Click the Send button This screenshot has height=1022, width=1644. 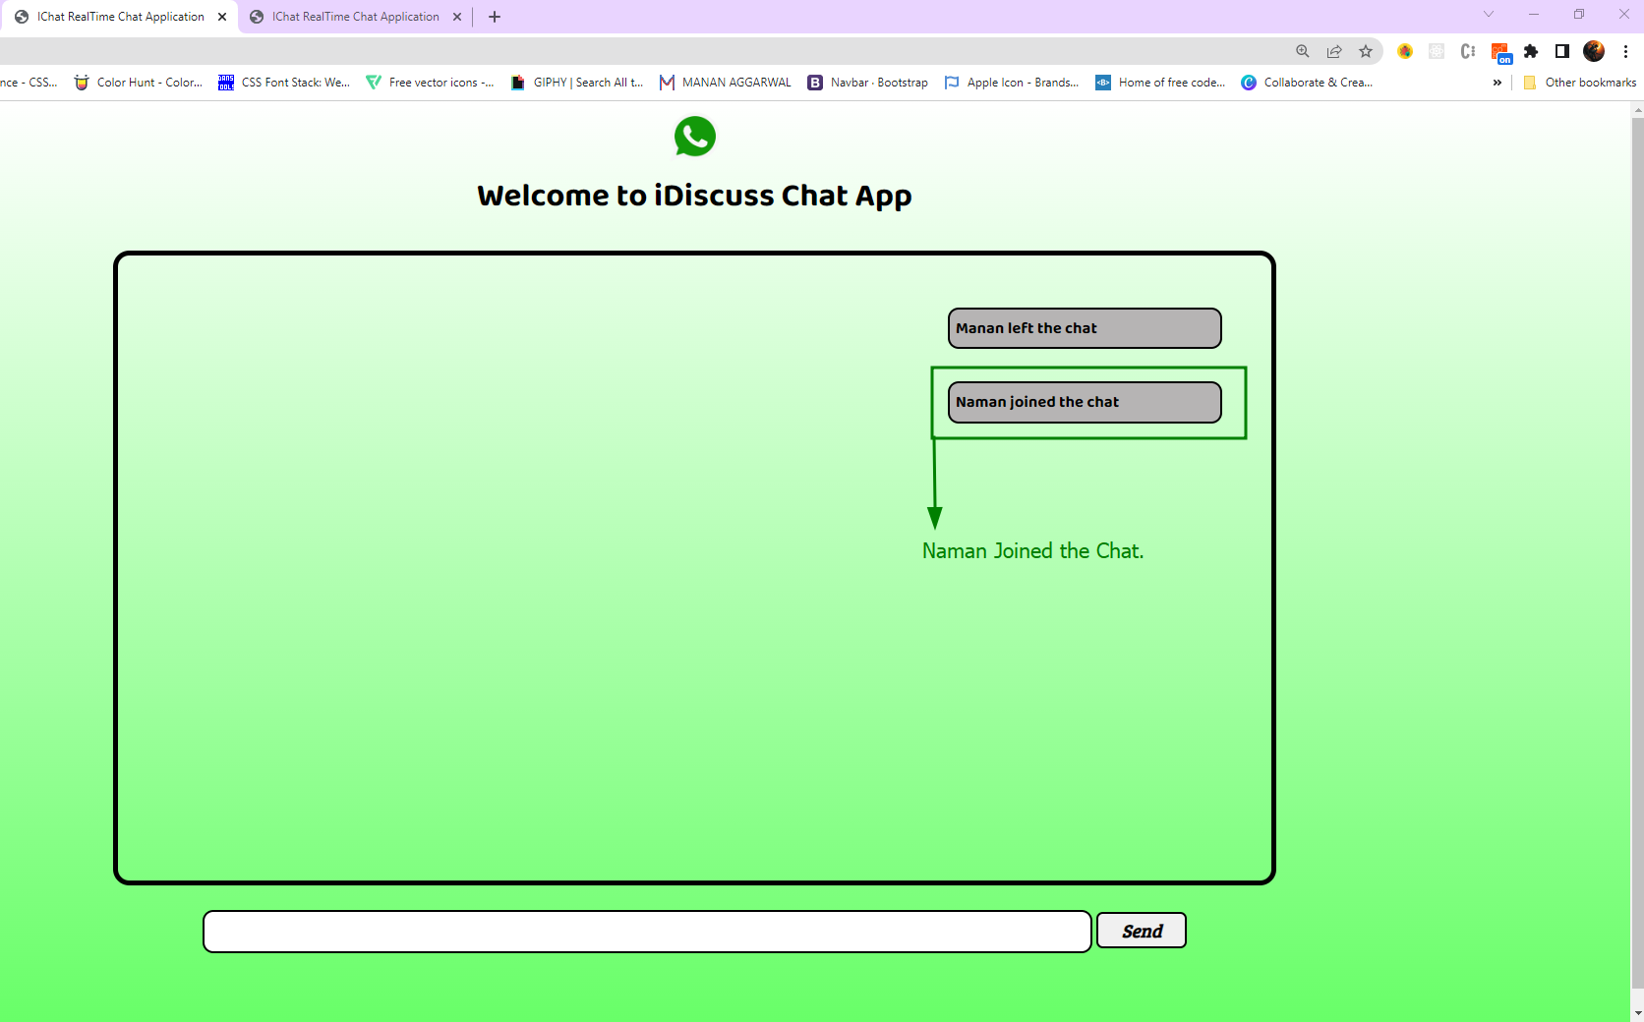point(1141,931)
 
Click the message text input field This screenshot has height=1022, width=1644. point(647,932)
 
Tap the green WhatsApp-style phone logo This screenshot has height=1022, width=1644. point(695,137)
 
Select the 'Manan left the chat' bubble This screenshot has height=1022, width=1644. point(1084,328)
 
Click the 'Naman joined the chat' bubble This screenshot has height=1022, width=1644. point(1084,402)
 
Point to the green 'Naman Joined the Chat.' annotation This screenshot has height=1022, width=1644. point(1032,551)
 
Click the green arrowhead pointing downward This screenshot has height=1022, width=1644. point(935,517)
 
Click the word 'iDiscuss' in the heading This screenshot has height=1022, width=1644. point(715,196)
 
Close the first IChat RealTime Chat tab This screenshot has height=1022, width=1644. point(222,17)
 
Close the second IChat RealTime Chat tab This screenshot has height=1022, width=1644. point(457,17)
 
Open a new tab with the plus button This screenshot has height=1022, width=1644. point(495,17)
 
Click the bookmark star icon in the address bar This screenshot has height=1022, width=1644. point(1366,52)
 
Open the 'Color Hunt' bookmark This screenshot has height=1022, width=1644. point(139,83)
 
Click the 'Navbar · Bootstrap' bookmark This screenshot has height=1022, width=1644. point(868,83)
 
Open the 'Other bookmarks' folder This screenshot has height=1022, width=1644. point(1580,83)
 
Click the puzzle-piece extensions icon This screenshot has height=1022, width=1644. point(1531,52)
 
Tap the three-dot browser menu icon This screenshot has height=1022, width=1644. point(1625,52)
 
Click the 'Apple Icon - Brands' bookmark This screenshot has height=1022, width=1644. point(1012,83)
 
